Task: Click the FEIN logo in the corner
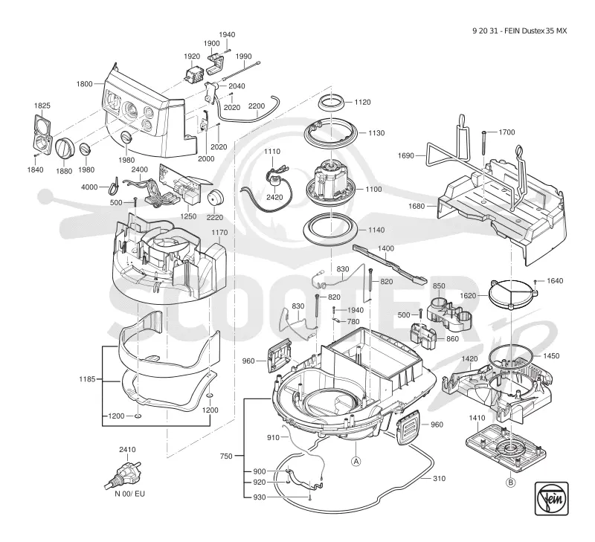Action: pyautogui.click(x=551, y=498)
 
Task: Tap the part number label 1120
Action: pyautogui.click(x=362, y=102)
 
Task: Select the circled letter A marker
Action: pyautogui.click(x=356, y=461)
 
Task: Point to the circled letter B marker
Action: pyautogui.click(x=511, y=483)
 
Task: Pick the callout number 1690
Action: pyautogui.click(x=405, y=155)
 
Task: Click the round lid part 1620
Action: pyautogui.click(x=513, y=293)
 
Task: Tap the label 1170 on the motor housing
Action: pyautogui.click(x=219, y=233)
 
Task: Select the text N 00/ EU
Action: pyautogui.click(x=129, y=494)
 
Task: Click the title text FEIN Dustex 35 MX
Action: pyautogui.click(x=536, y=31)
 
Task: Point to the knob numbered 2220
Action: pyautogui.click(x=215, y=197)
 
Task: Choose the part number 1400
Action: pyautogui.click(x=386, y=248)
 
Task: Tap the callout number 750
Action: pyautogui.click(x=226, y=456)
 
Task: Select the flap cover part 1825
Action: pyautogui.click(x=42, y=135)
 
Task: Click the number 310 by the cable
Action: pyautogui.click(x=439, y=479)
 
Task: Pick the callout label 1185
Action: pyautogui.click(x=87, y=379)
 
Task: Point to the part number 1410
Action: pyautogui.click(x=477, y=418)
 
